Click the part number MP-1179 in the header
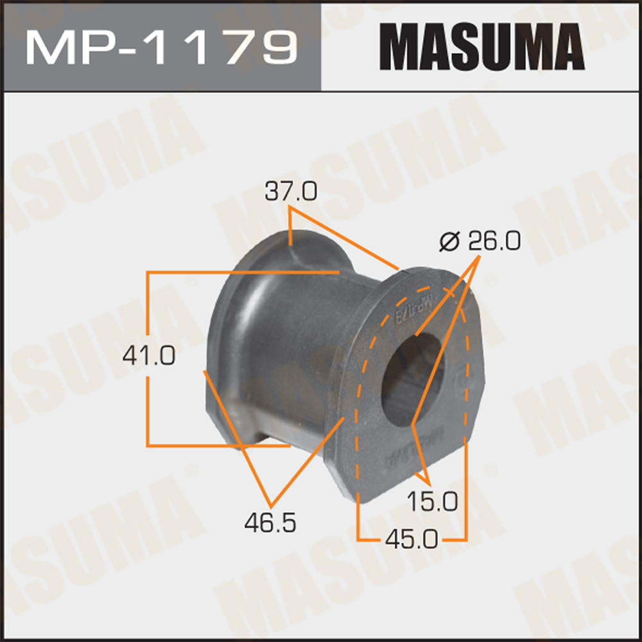[161, 46]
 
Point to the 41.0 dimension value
[148, 355]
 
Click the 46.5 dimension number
[270, 523]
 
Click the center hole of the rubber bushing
[411, 379]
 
